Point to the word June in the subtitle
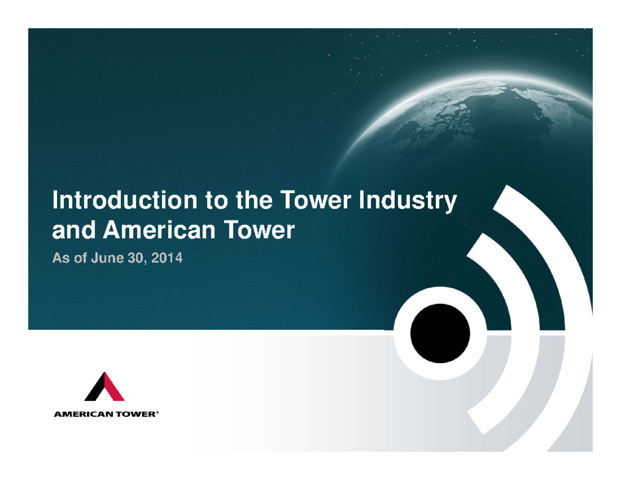pyautogui.click(x=105, y=258)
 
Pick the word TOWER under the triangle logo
pyautogui.click(x=136, y=414)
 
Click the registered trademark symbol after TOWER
pyautogui.click(x=157, y=413)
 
